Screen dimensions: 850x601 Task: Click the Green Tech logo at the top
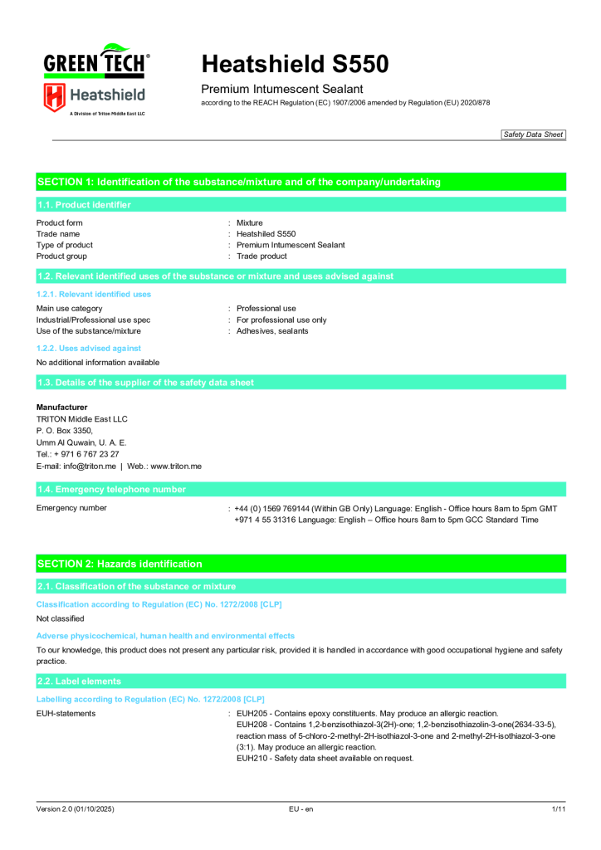tap(96, 62)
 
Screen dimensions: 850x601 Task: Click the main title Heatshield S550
tap(295, 64)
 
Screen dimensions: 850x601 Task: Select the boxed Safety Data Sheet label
tap(533, 134)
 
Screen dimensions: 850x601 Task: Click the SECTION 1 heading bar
tap(238, 182)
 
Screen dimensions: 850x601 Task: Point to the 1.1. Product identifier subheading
tap(83, 204)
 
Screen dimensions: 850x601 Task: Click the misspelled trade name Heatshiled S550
tap(266, 234)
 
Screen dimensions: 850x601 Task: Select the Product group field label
tap(61, 256)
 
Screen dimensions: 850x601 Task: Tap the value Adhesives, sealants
tap(272, 331)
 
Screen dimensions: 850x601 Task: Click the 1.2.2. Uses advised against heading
tap(89, 349)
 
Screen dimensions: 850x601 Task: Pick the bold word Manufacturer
tap(61, 408)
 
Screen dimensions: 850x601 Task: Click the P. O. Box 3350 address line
tap(65, 431)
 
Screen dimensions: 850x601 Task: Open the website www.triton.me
tap(176, 467)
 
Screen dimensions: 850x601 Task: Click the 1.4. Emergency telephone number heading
tap(110, 490)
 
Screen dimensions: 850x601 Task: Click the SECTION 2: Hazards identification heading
tap(119, 564)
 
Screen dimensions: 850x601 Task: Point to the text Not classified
tap(60, 618)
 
